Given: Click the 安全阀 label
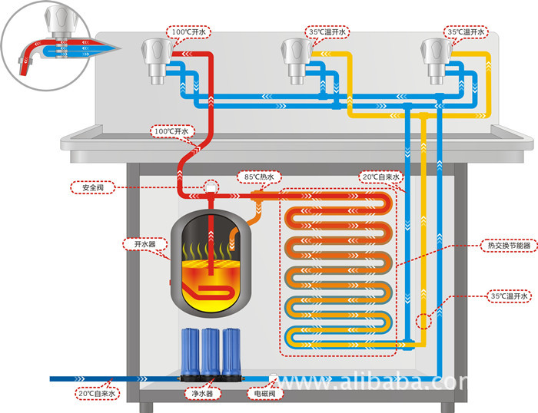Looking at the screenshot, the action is point(93,187).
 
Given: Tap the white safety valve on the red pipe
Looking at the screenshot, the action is point(211,187).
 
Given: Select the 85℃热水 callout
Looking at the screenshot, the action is point(259,177).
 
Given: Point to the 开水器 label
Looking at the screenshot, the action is point(144,244).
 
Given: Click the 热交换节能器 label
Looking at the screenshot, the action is point(509,246).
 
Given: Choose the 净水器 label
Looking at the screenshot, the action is point(202,394).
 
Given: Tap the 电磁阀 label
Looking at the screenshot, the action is point(265,394).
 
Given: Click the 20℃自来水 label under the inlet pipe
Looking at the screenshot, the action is point(97,394).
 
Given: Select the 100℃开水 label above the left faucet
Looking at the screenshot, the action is point(189,32).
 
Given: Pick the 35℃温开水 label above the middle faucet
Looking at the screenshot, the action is point(327,32).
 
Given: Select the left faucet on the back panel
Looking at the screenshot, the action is point(157,60).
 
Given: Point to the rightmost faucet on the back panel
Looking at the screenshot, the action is point(437,60).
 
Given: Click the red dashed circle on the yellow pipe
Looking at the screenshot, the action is point(423,322).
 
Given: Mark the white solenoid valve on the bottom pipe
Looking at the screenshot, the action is point(274,377).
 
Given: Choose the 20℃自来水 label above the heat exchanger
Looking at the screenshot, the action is point(381,177).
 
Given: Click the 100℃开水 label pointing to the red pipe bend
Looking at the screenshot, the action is point(172,131).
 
